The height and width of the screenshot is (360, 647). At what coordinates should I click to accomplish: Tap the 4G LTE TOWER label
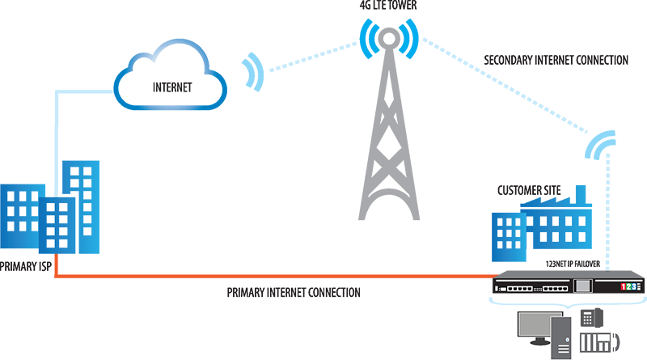389,6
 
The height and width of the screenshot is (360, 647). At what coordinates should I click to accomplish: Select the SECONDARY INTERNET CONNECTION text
555,60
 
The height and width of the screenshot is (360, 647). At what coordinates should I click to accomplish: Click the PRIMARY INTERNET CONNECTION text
294,292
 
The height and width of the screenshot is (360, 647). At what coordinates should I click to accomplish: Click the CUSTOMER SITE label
530,190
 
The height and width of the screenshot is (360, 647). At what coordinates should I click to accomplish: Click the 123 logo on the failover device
630,286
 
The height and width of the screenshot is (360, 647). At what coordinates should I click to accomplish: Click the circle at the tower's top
389,38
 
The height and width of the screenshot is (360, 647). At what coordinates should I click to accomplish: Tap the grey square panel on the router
582,286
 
